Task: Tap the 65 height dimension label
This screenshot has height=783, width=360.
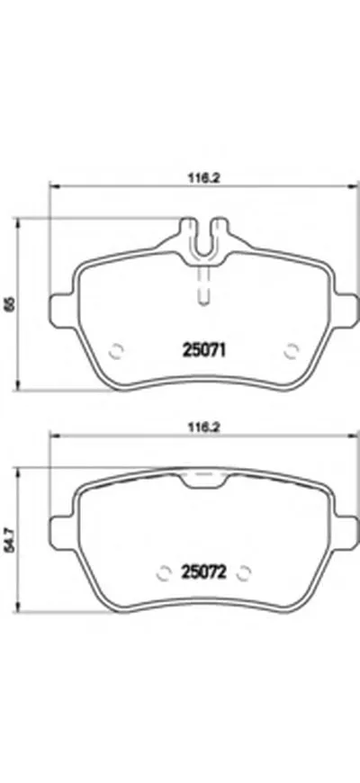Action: (8, 306)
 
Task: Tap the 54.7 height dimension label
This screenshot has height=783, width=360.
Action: (8, 541)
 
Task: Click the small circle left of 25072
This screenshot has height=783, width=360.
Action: (164, 571)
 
